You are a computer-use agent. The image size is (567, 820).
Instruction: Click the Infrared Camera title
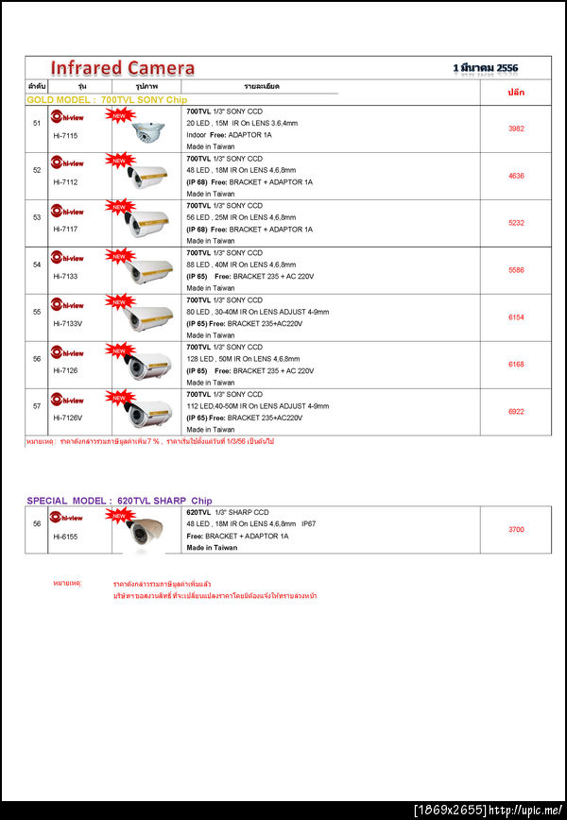coord(122,68)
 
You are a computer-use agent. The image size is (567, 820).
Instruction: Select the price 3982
coord(516,128)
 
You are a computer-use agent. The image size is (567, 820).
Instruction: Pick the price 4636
coord(516,176)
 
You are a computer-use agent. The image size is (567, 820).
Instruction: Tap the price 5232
coord(516,223)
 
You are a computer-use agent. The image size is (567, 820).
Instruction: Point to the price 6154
coord(516,317)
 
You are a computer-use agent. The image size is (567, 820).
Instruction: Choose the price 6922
coord(516,412)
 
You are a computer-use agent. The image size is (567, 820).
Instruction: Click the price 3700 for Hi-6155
coord(516,530)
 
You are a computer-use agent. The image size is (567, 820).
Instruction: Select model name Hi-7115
coord(65,136)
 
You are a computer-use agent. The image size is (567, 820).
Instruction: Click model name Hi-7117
coord(65,231)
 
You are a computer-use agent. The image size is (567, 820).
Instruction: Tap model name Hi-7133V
coord(67,325)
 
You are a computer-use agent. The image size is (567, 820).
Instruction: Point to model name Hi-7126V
coord(67,418)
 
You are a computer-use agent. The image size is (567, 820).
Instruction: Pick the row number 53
coord(37,217)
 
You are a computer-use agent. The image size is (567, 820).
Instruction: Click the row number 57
coord(37,406)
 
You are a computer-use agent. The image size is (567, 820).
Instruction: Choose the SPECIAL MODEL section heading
coord(119,501)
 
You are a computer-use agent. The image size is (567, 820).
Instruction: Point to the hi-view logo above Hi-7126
coord(67,352)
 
